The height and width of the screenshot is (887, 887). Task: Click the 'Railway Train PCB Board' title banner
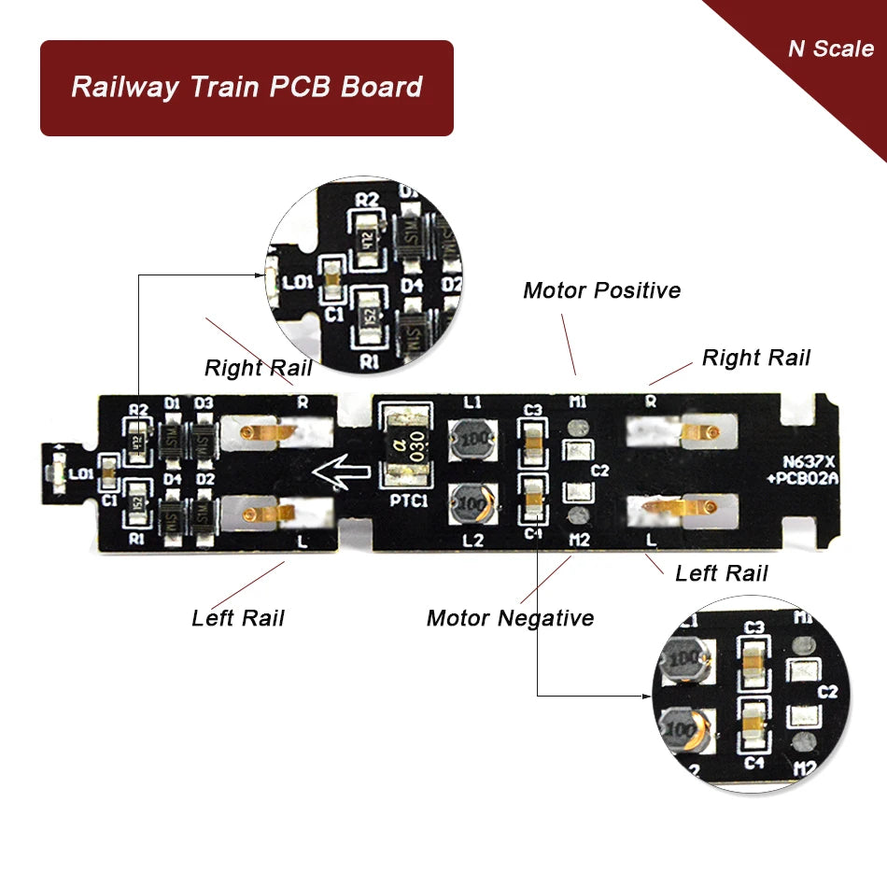(246, 88)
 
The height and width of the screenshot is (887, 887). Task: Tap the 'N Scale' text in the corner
(830, 49)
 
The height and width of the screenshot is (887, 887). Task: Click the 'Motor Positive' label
(601, 290)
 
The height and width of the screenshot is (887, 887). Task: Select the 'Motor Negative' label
(510, 617)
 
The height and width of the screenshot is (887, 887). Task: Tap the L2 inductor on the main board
(471, 505)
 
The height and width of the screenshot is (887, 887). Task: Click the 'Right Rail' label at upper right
(755, 358)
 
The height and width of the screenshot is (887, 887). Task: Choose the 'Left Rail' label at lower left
(237, 617)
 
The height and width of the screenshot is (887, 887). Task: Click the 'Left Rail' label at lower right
(721, 572)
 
